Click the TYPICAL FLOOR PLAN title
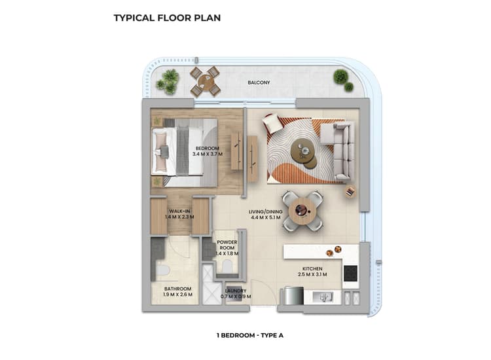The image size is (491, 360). [x=167, y=18]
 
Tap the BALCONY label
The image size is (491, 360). [x=260, y=83]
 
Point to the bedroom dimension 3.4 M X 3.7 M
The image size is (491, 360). [x=208, y=154]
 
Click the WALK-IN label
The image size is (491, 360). [x=179, y=211]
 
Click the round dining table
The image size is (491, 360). [x=302, y=211]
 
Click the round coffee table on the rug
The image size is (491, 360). [x=302, y=152]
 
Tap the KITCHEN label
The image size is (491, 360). [x=312, y=268]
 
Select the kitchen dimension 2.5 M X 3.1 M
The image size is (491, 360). [x=312, y=276]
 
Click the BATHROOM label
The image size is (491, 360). [x=177, y=289]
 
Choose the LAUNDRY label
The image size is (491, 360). [x=235, y=291]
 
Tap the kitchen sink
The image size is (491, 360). [x=321, y=297]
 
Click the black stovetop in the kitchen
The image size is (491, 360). [x=351, y=272]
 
